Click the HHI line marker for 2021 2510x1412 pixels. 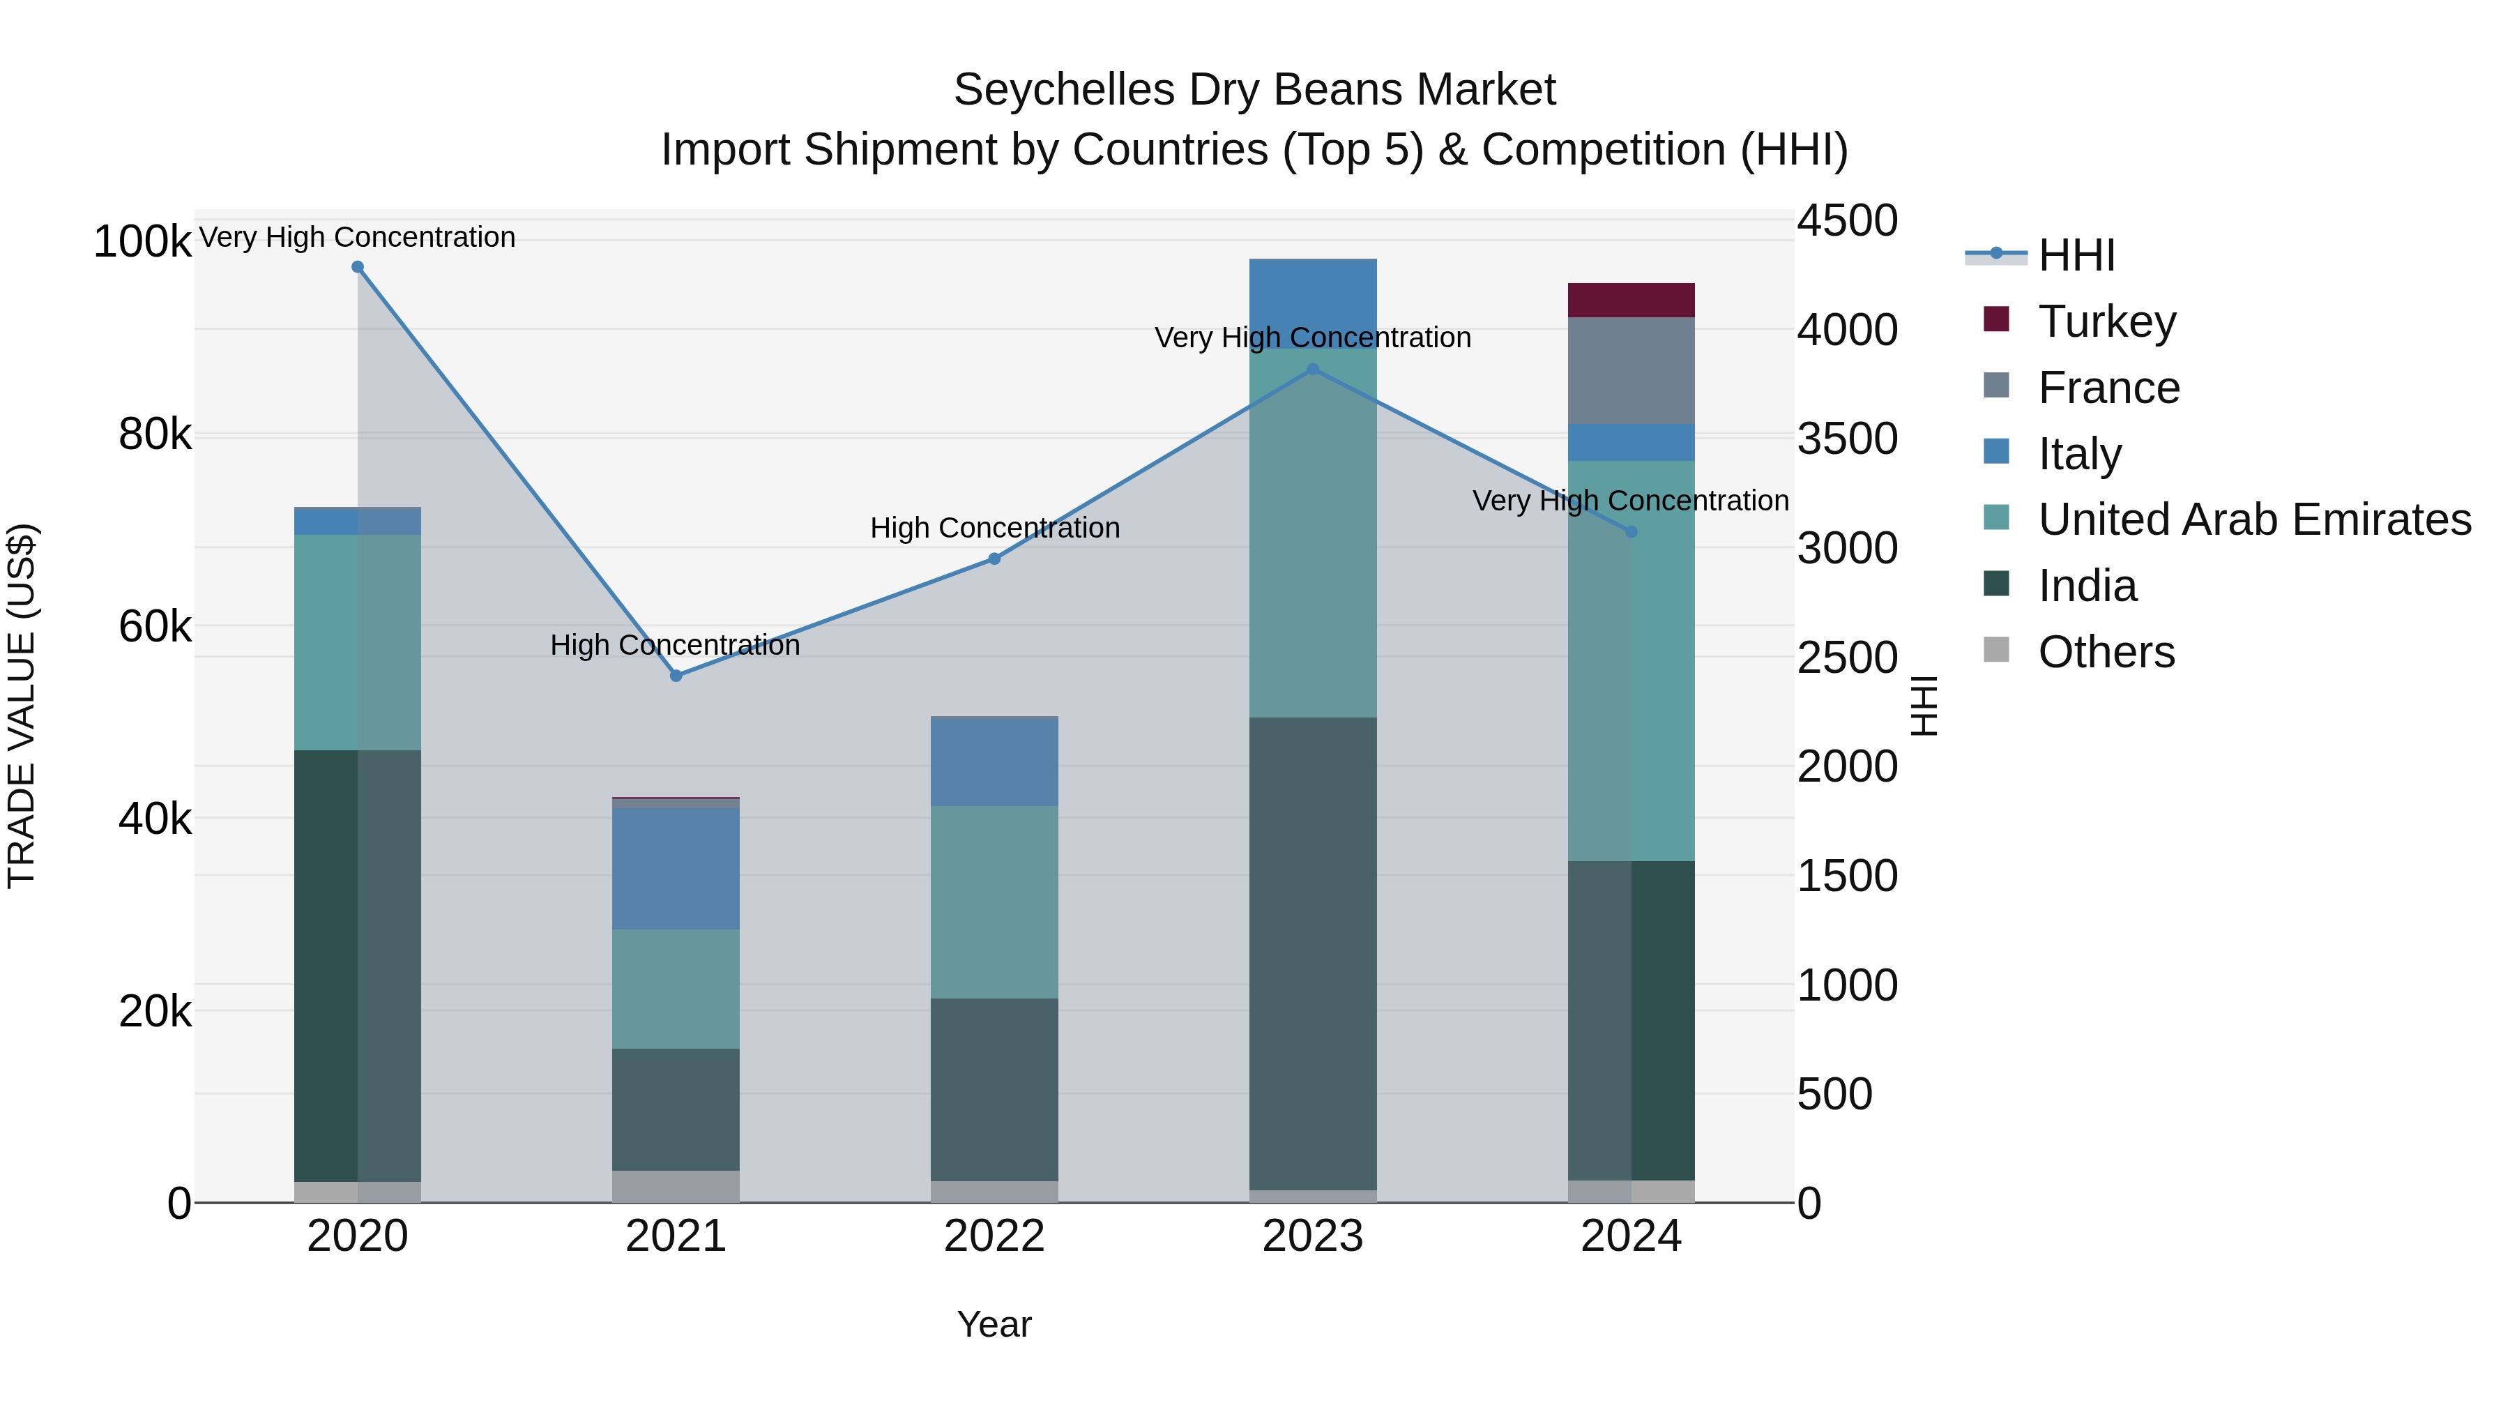[x=676, y=675]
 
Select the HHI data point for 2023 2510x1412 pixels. [x=1312, y=370]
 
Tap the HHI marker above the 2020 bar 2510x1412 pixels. [x=358, y=267]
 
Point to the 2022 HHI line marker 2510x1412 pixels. [x=994, y=559]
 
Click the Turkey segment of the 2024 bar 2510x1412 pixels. [x=1631, y=300]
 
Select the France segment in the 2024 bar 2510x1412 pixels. [x=1631, y=370]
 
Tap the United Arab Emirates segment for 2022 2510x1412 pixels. [x=994, y=902]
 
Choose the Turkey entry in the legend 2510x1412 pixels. [x=2106, y=321]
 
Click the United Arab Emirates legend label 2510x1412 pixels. [x=2253, y=519]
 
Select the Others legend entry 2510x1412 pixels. [x=2106, y=652]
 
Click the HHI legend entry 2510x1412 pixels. [x=2076, y=255]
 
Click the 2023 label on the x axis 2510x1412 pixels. [x=1312, y=1236]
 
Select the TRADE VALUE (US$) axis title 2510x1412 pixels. [x=22, y=706]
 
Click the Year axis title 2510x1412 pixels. [x=994, y=1324]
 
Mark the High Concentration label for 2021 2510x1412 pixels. [x=675, y=645]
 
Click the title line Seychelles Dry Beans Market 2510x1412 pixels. [x=1254, y=90]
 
